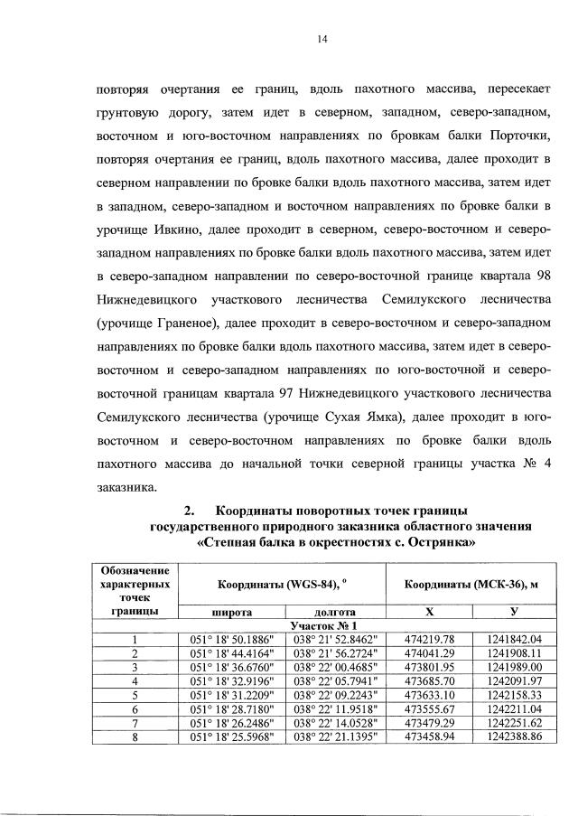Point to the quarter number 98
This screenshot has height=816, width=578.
(x=536, y=277)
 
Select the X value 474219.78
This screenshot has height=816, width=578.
(x=429, y=638)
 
